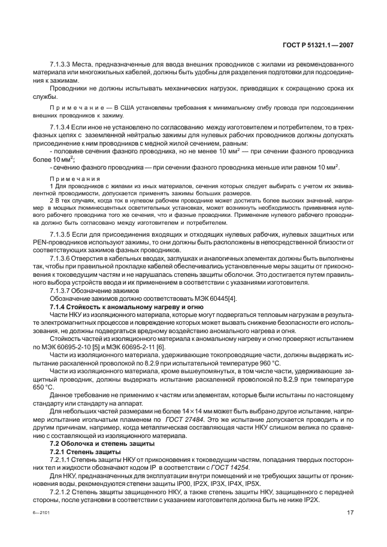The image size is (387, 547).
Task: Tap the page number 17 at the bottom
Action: [350, 513]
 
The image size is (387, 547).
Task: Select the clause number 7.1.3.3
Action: [61, 63]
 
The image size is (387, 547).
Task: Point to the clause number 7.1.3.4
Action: [61, 128]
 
